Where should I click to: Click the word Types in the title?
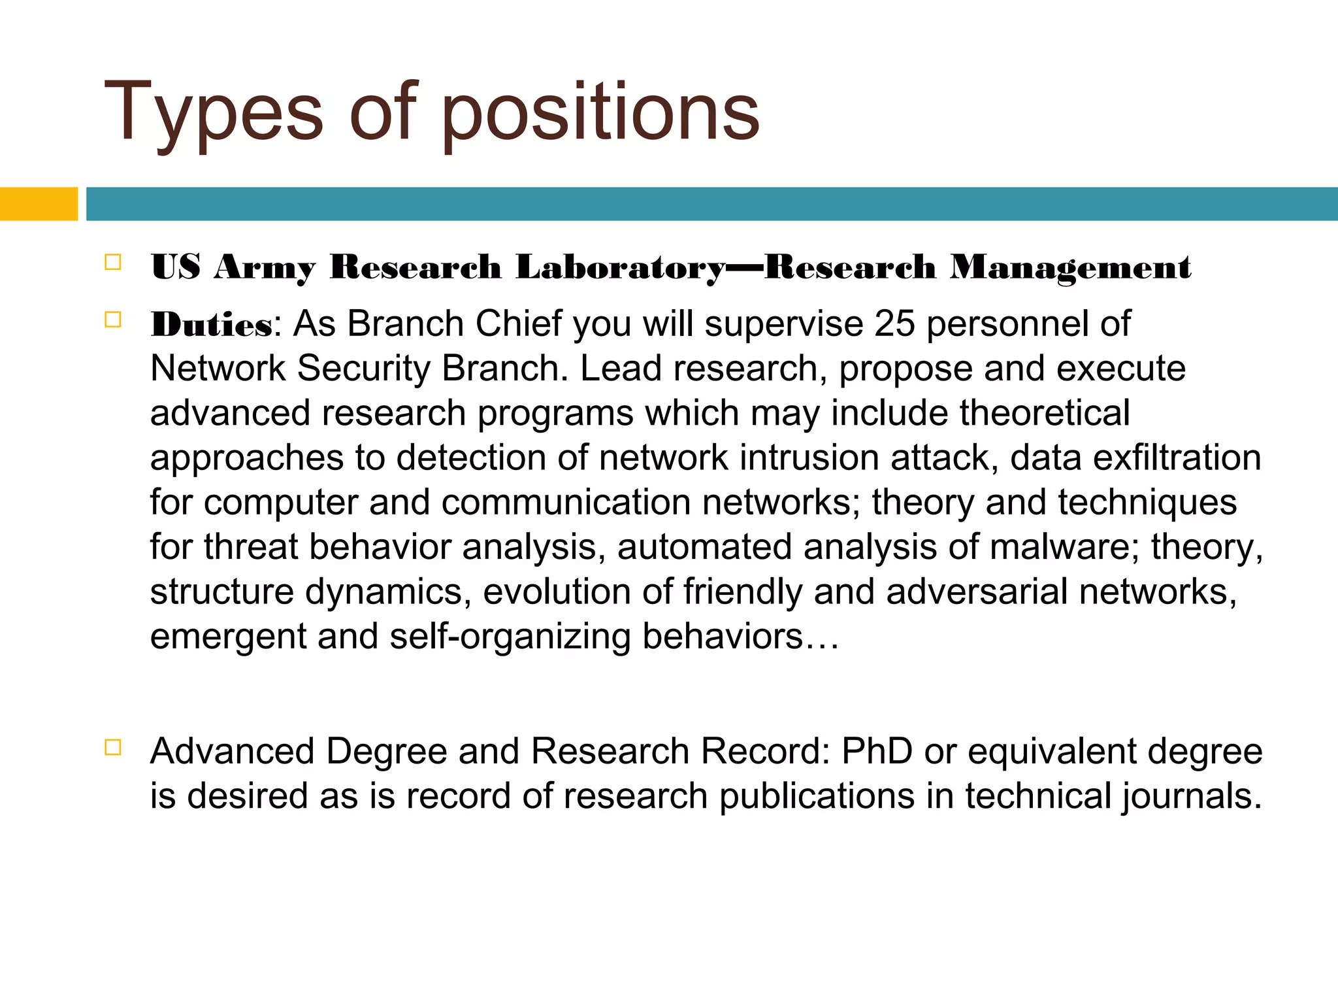[213, 112]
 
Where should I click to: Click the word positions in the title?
[600, 112]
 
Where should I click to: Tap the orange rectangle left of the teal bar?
[39, 204]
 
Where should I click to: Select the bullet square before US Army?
[113, 263]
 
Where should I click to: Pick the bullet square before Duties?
[113, 320]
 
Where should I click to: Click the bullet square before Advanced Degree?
[113, 747]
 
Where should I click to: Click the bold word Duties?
[211, 324]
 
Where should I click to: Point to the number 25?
[894, 324]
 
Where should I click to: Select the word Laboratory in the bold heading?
[620, 267]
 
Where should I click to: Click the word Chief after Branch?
[519, 324]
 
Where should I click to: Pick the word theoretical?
[1045, 413]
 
